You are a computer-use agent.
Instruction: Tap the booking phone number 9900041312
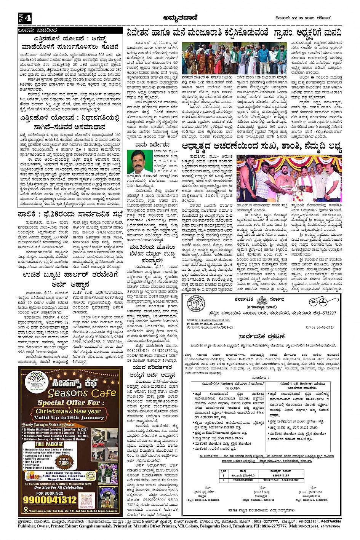pyautogui.click(x=50, y=500)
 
